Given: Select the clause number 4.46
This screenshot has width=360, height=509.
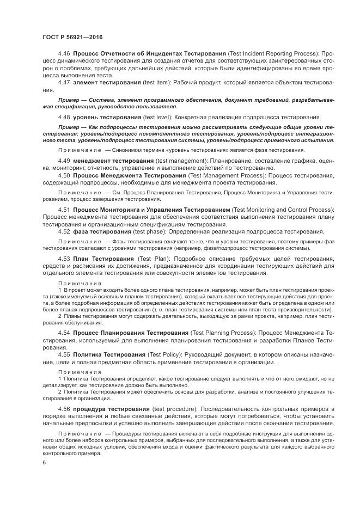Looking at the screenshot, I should click(64, 53).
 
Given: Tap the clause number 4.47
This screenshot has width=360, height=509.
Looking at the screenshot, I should click(64, 82).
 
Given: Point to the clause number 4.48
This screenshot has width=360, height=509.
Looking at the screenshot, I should click(64, 117).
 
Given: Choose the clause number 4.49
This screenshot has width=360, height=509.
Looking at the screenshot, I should click(64, 162).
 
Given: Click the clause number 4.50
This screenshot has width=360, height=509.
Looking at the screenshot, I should click(64, 176).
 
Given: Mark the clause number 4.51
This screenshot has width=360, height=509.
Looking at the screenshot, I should click(64, 210).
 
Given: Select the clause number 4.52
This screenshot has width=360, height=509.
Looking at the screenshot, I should click(64, 231).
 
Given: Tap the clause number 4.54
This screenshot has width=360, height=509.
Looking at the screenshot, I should click(64, 333).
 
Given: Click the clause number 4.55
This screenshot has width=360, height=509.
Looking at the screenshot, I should click(64, 354).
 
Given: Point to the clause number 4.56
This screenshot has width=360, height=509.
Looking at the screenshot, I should click(64, 408).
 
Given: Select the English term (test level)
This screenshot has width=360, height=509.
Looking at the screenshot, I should click(161, 117).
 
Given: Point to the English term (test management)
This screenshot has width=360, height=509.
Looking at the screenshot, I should click(184, 162).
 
